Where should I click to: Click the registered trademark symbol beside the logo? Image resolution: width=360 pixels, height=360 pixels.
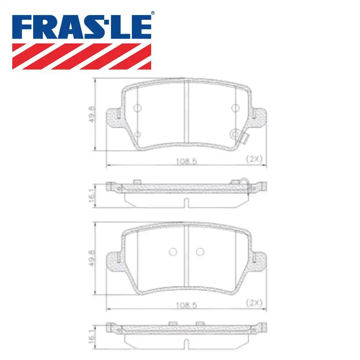152,13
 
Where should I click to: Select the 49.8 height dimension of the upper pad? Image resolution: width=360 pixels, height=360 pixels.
92,115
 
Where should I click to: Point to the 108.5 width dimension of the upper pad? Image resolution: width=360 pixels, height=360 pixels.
186,162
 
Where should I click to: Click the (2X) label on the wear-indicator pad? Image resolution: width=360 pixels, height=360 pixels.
254,159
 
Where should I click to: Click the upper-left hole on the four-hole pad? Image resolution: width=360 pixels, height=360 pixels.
137,108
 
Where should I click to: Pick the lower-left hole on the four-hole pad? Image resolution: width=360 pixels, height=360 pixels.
137,134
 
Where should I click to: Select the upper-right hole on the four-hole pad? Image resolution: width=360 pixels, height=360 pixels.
235,108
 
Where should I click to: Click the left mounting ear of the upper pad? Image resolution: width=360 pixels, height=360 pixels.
114,117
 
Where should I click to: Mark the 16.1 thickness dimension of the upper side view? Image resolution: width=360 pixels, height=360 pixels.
91,196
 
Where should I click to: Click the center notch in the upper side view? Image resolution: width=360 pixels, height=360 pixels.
185,203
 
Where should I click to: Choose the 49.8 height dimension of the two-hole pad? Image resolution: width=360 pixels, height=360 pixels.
92,258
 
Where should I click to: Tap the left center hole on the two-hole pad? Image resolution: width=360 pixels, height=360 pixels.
173,252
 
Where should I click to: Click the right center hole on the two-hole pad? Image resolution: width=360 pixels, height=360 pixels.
200,252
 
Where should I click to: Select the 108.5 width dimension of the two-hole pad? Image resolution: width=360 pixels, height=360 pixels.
186,305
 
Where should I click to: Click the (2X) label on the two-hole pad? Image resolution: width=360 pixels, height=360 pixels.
254,303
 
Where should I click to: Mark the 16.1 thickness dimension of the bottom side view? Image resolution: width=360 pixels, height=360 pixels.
91,339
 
